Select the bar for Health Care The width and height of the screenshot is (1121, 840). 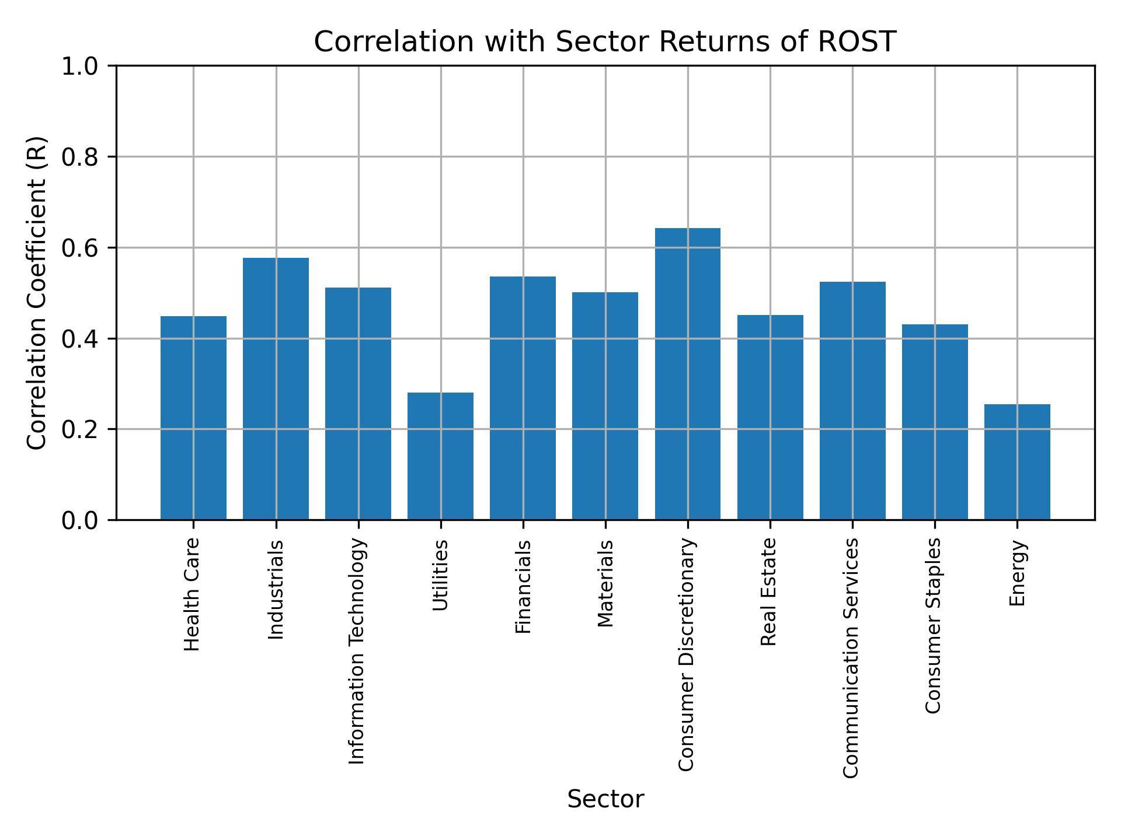pos(193,418)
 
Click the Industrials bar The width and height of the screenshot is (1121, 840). pos(276,388)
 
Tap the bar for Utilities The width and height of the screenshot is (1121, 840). pos(440,456)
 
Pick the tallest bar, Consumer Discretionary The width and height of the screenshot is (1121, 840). pos(687,373)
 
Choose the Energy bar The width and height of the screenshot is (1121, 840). pos(1016,462)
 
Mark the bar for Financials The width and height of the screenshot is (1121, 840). pos(523,398)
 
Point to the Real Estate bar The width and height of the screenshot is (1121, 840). pos(770,417)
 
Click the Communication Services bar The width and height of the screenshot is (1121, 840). pos(852,401)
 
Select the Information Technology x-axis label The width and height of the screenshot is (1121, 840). pos(357,651)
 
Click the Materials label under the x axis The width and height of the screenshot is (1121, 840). pos(605,583)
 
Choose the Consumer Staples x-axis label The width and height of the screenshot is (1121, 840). pos(934,625)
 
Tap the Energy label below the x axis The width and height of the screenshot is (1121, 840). pos(1017,573)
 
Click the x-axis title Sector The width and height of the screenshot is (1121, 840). pos(605,799)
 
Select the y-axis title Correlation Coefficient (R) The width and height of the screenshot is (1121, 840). pos(37,293)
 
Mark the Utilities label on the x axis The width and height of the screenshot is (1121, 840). pos(441,575)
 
